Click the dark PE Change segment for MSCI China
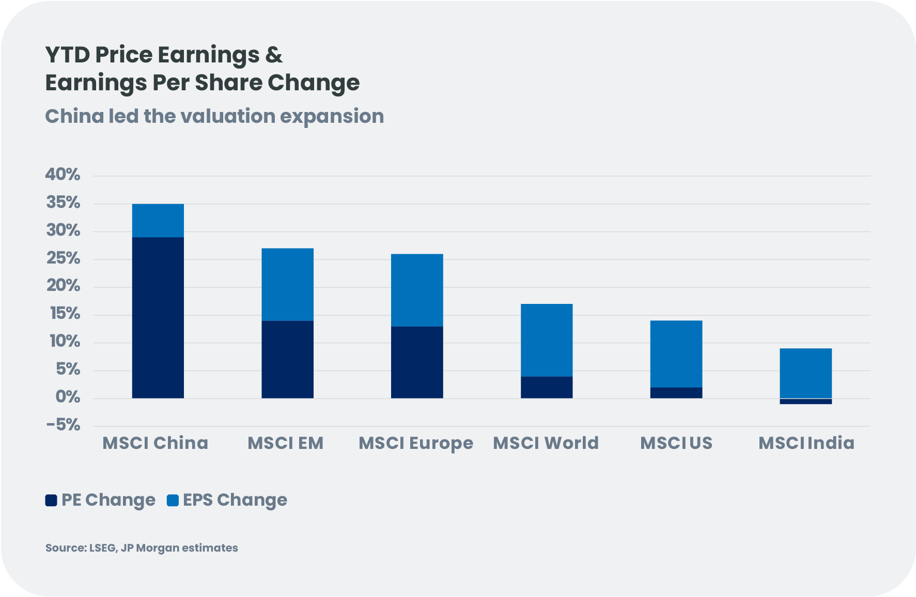(x=158, y=317)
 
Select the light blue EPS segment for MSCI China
(x=158, y=220)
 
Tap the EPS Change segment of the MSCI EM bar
(x=287, y=284)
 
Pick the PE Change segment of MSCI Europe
(x=417, y=362)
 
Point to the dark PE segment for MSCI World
(x=547, y=387)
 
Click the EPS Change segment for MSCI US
(x=676, y=353)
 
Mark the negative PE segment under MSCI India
(x=805, y=401)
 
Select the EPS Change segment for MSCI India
(x=805, y=373)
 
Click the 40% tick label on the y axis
(x=63, y=174)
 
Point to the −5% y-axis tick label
(x=63, y=425)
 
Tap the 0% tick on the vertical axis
(x=68, y=397)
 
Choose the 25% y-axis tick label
(x=63, y=258)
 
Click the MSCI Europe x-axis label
(x=416, y=443)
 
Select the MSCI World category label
(x=546, y=443)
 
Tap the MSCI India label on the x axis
(x=806, y=443)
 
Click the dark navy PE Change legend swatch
(x=51, y=500)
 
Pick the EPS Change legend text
(x=235, y=500)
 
